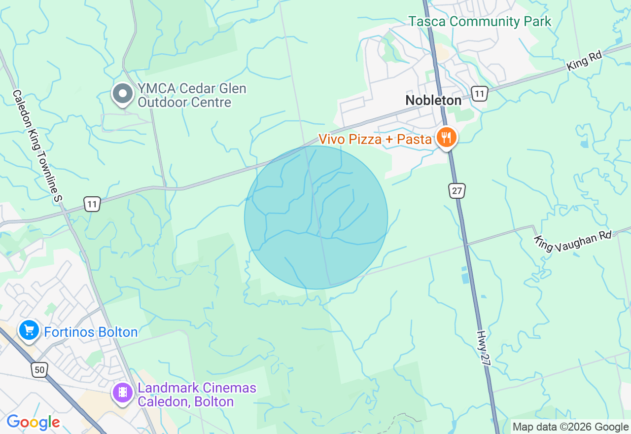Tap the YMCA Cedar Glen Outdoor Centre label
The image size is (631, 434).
pos(191,96)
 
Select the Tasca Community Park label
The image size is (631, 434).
pos(480,22)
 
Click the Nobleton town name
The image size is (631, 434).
pos(433,100)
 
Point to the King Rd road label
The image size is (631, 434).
pos(584,61)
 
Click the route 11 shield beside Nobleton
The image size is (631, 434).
pos(479,94)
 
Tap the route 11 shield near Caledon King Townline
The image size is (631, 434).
pos(92,204)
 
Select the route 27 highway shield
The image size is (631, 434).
pos(457,190)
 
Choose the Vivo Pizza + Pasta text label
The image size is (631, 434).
pos(375,140)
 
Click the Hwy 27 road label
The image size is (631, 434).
pos(485,348)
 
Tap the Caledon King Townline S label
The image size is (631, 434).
pos(37,146)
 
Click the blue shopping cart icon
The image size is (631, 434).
pos(29,330)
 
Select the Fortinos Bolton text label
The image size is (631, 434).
pos(91,332)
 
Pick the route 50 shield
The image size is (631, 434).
pos(40,369)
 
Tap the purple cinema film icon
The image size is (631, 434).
pos(123,393)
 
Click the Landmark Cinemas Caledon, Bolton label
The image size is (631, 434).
pos(197,395)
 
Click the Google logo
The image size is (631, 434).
pos(33,422)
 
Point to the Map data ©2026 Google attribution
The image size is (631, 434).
pos(570,427)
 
